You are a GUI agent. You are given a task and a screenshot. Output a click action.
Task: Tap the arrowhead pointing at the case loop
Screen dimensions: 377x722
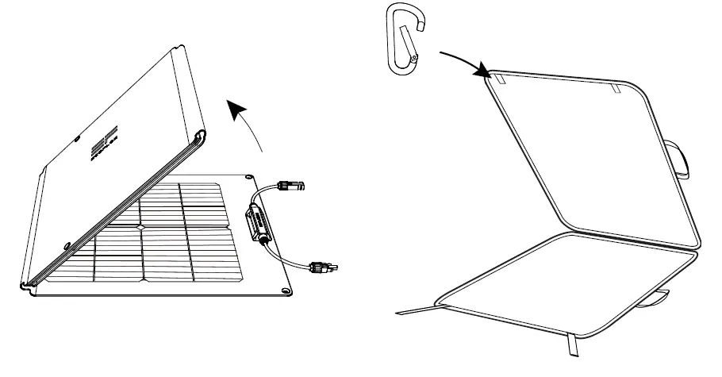coord(481,73)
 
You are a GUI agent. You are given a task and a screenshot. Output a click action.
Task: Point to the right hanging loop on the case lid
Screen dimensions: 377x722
coord(615,87)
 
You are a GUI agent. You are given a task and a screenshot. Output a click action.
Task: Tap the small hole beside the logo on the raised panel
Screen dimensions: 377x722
coord(78,140)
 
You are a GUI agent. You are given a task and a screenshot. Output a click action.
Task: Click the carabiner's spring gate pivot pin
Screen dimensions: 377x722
coord(413,58)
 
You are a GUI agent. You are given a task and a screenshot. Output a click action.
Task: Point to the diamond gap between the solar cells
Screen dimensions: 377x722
coord(141,227)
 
